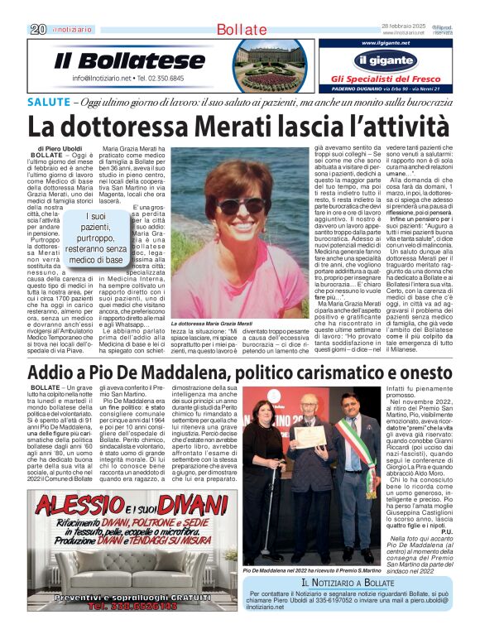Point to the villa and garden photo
click(271, 65)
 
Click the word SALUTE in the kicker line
click(49, 102)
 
